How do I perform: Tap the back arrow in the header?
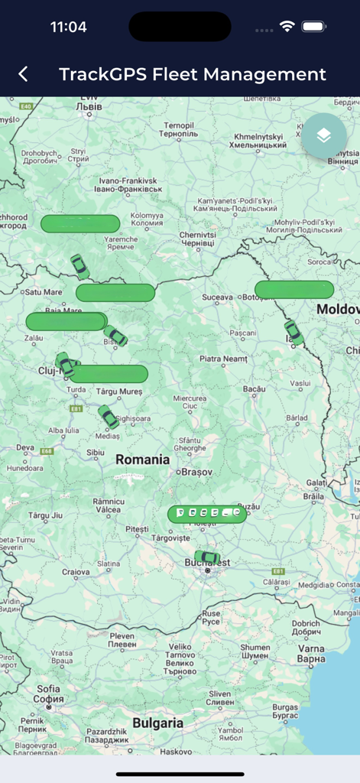tap(24, 74)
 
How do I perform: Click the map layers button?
tap(323, 136)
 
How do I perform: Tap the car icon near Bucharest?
tap(206, 557)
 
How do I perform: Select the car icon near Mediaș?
tap(109, 417)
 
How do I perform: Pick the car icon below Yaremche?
tap(79, 267)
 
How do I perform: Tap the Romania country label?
tap(142, 460)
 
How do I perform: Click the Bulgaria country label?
tap(157, 723)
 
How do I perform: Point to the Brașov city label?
tap(197, 473)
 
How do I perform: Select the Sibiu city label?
tap(96, 453)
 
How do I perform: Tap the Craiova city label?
tap(76, 571)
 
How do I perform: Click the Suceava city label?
tap(216, 297)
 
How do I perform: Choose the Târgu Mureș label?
tap(119, 391)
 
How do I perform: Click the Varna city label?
tap(310, 654)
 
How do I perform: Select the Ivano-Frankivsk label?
tap(128, 184)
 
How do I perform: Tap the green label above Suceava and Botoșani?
tap(294, 290)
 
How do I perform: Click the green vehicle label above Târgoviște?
tap(207, 514)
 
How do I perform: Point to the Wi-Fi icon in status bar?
tap(287, 27)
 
